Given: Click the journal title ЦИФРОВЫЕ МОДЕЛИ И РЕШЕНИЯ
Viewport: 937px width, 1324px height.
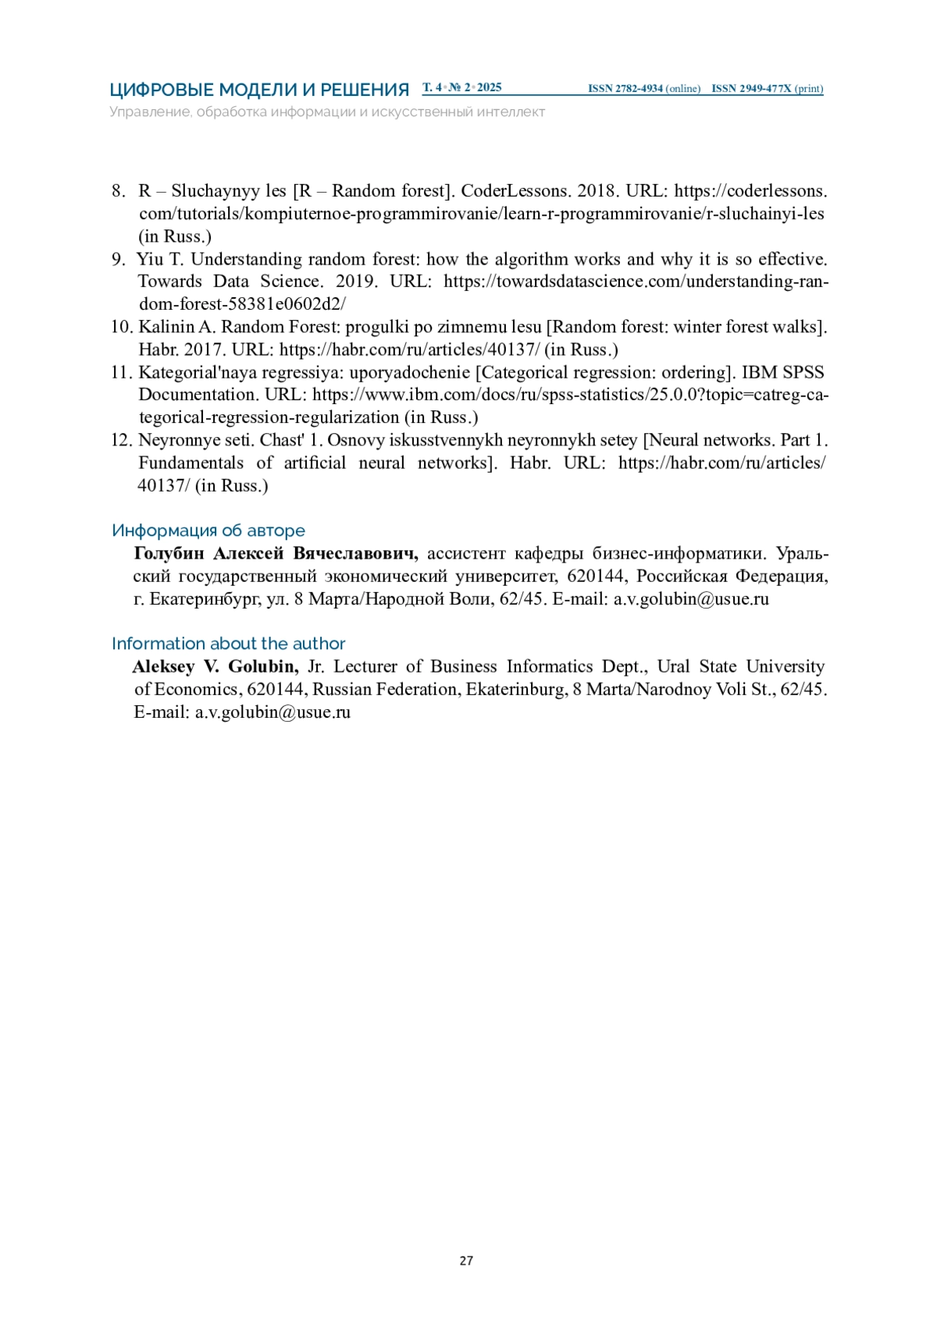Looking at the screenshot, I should pos(259,90).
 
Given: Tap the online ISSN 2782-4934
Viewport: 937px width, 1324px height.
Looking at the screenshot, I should pos(625,89).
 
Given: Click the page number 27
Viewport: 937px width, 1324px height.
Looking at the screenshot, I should pos(466,1260).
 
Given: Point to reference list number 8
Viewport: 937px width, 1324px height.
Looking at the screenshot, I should pos(118,191).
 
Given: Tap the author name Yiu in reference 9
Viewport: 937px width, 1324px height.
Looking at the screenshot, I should pos(150,259).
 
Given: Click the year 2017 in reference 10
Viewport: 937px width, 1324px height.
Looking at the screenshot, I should pos(204,350).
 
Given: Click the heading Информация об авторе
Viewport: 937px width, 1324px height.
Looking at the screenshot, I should pos(208,531).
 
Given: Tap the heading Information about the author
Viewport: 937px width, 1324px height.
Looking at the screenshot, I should pos(229,644).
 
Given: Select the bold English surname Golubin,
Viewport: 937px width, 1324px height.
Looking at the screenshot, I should pos(263,667).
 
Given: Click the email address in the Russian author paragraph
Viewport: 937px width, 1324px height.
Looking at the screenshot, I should pos(691,599).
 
